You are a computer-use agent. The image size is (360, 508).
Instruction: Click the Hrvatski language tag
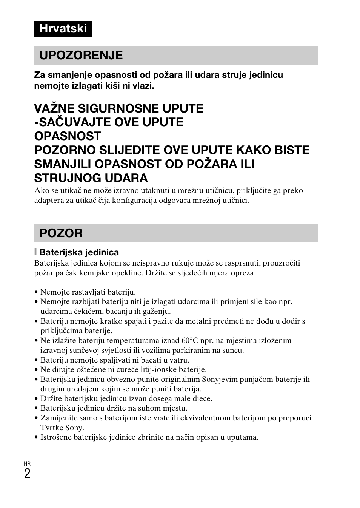click(63, 29)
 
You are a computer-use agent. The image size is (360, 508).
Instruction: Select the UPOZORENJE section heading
click(81, 56)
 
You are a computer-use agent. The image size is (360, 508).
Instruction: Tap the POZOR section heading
click(61, 233)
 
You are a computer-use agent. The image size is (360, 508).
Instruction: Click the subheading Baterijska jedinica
click(79, 252)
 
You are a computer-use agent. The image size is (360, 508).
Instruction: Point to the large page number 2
click(27, 474)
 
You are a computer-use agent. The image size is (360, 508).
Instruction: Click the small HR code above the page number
click(27, 463)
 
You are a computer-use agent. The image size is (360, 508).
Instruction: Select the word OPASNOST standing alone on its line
click(68, 136)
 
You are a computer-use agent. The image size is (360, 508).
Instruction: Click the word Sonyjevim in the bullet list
click(218, 379)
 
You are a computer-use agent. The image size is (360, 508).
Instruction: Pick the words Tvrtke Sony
click(62, 428)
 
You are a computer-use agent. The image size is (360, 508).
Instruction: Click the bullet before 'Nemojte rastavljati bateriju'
click(36, 292)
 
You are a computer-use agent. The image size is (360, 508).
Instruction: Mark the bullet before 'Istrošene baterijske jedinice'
click(36, 437)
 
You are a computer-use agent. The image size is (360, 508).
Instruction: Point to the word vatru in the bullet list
click(179, 360)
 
